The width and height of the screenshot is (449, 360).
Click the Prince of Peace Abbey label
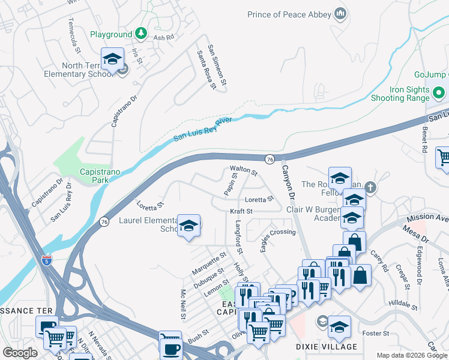[289, 14]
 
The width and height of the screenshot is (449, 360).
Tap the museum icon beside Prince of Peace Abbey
[340, 13]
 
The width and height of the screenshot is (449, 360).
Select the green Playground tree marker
[141, 34]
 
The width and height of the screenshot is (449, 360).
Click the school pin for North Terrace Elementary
[112, 59]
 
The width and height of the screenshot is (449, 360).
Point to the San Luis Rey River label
[202, 129]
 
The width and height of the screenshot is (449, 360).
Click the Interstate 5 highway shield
[47, 260]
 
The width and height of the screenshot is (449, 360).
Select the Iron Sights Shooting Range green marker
[439, 94]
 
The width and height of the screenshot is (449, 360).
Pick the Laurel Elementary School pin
[189, 226]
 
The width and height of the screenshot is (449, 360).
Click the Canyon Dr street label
[289, 182]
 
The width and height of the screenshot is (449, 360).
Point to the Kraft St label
[241, 211]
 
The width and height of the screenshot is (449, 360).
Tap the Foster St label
[376, 333]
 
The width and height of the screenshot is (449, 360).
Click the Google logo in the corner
[20, 352]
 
